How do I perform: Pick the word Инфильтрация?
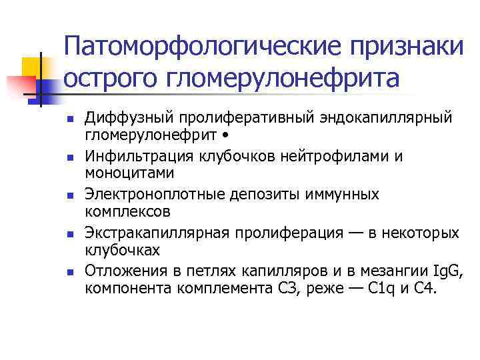pyautogui.click(x=137, y=156)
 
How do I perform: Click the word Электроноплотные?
pyautogui.click(x=154, y=194)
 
